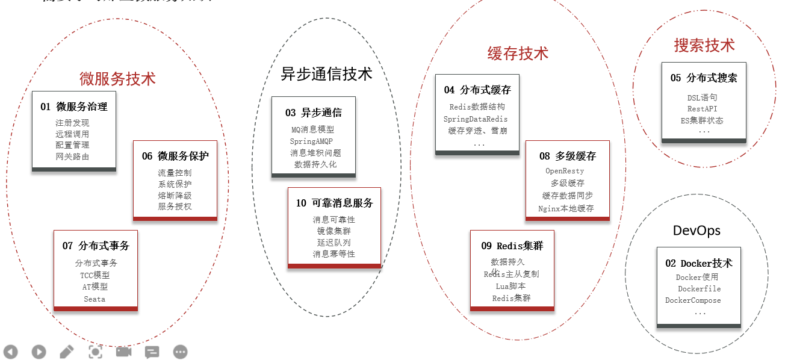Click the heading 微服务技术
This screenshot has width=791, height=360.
[117, 78]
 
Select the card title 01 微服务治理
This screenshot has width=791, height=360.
[74, 107]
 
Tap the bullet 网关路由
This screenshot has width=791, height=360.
[72, 157]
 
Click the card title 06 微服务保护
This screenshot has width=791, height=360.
[175, 156]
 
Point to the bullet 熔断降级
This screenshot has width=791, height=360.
[175, 196]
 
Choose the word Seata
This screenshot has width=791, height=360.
[95, 299]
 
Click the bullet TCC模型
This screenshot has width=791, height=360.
[95, 275]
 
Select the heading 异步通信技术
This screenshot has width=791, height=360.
[326, 73]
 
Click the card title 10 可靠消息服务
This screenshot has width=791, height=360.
[334, 203]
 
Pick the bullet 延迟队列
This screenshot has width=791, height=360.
[334, 243]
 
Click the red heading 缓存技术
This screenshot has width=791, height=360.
[518, 53]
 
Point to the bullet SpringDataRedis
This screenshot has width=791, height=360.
[476, 119]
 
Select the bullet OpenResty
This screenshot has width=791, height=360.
[565, 171]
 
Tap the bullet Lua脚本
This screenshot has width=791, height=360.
[510, 286]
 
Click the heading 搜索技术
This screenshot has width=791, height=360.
[704, 45]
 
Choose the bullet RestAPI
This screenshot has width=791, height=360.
[702, 109]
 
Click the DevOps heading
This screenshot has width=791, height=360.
[696, 231]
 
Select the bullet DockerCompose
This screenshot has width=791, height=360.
[693, 300]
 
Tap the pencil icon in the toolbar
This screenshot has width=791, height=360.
[67, 352]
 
